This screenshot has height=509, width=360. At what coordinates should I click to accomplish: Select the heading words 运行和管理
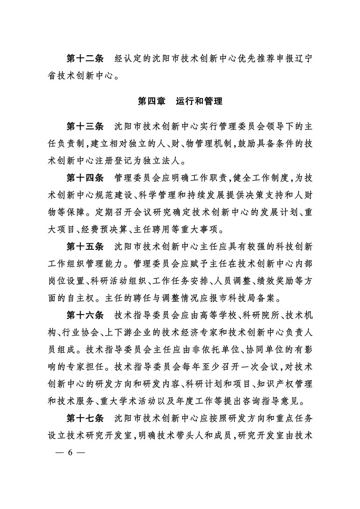tap(199, 101)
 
